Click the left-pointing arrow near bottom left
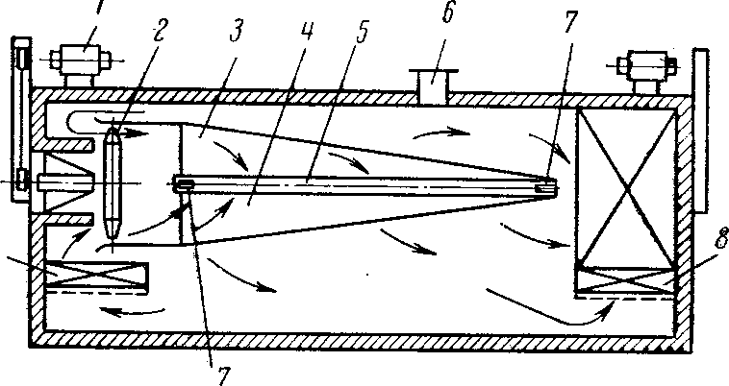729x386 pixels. [135, 311]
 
